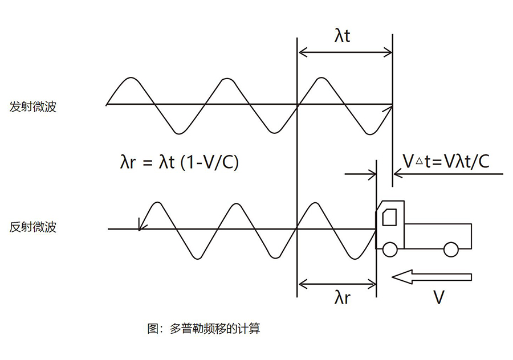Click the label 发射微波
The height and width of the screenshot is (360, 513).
pyautogui.click(x=33, y=107)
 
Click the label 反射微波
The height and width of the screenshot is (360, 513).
pyautogui.click(x=33, y=227)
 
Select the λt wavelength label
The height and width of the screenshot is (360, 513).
pyautogui.click(x=342, y=36)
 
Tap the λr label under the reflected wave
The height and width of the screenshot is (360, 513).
pyautogui.click(x=341, y=297)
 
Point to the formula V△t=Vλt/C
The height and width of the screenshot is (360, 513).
pyautogui.click(x=445, y=162)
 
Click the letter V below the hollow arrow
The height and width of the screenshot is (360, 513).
pyautogui.click(x=438, y=297)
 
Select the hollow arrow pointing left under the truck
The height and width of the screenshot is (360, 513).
pyautogui.click(x=432, y=277)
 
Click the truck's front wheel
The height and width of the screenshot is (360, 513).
pyautogui.click(x=390, y=248)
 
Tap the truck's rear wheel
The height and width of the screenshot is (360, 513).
pyautogui.click(x=451, y=248)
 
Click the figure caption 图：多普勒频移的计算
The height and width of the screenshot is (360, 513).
pyautogui.click(x=203, y=329)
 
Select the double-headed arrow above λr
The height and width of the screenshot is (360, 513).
pyautogui.click(x=336, y=283)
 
